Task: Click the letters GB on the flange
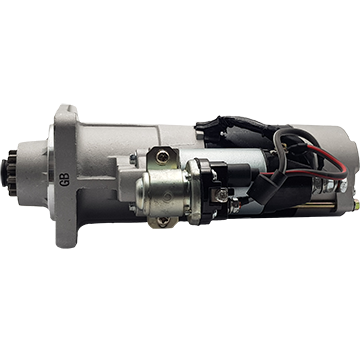[64, 179]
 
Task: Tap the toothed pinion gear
[13, 173]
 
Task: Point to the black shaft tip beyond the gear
[4, 173]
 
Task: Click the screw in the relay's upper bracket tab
[163, 156]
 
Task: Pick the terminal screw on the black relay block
[223, 195]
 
